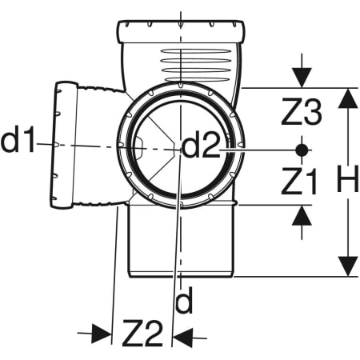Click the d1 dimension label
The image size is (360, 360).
point(18,140)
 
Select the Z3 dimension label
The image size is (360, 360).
point(302,111)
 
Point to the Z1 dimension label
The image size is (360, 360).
point(299,181)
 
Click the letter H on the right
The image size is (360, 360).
point(347,178)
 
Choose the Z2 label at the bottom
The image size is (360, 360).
point(142,334)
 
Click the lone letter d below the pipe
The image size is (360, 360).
point(184,300)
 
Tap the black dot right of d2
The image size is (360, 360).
point(302,150)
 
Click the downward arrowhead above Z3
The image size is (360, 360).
point(302,78)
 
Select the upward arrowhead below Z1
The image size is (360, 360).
point(302,215)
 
